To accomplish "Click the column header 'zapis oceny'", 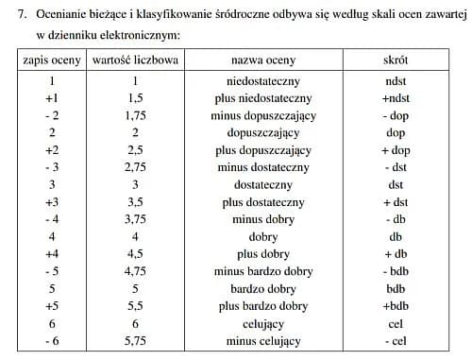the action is click(51, 60).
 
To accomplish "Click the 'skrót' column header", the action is click(395, 60).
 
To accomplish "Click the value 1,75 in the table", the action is click(133, 115).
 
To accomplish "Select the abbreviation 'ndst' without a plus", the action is click(395, 82).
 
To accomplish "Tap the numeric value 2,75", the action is click(133, 166).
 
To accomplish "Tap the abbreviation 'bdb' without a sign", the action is click(395, 288).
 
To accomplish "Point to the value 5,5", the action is click(133, 305).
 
